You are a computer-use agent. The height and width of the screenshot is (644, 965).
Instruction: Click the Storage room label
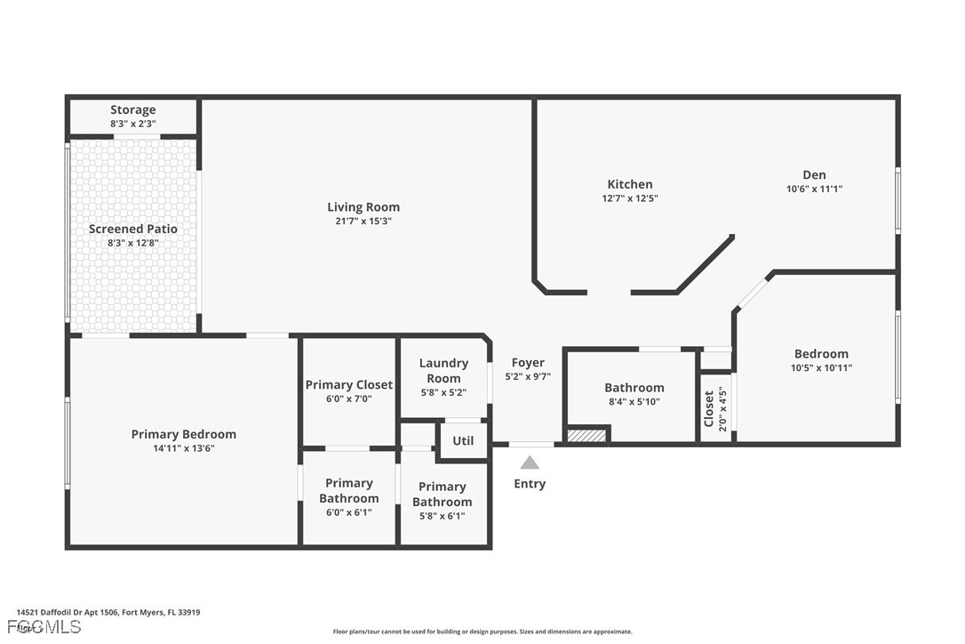[x=132, y=110]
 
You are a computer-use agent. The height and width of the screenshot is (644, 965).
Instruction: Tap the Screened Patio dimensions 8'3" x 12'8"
[x=132, y=243]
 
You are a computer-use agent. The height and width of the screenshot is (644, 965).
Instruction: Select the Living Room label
[x=363, y=207]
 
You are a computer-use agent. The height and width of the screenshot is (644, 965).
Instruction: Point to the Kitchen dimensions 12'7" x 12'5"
[x=630, y=198]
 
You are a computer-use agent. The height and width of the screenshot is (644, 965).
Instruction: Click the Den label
[x=814, y=175]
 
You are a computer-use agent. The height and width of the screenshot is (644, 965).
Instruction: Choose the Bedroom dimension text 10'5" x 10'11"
[x=821, y=367]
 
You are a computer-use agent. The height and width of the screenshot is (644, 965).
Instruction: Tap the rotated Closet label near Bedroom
[x=709, y=408]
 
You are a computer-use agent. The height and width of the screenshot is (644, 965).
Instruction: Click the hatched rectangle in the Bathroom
[x=586, y=435]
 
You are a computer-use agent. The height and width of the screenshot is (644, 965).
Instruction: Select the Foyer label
[x=528, y=363]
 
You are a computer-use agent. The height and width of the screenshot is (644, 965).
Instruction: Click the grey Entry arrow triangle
[x=530, y=463]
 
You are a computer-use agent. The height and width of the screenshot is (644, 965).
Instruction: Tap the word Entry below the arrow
[x=530, y=484]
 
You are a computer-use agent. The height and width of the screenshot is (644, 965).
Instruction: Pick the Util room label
[x=463, y=440]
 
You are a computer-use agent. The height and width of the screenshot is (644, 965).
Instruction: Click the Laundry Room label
[x=443, y=370]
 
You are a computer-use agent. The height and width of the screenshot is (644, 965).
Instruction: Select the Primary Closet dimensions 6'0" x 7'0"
[x=348, y=399]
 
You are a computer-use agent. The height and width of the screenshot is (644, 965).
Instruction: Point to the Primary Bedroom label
[x=184, y=434]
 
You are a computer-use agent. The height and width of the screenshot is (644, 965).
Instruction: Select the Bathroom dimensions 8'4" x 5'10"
[x=634, y=401]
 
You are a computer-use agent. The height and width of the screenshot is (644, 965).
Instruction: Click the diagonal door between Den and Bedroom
[x=754, y=293]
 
